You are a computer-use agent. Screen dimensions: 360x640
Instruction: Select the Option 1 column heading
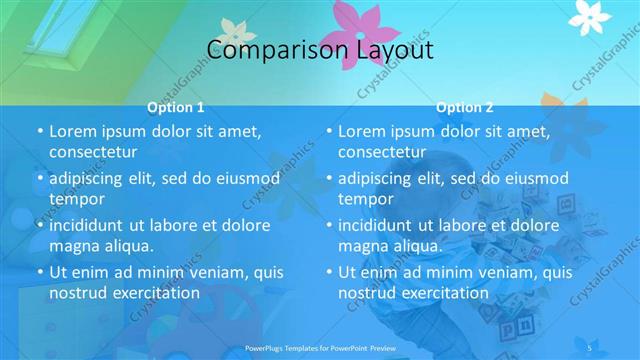(176, 107)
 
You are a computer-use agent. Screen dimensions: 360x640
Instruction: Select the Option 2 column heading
(465, 107)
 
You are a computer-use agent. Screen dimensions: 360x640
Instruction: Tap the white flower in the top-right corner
(589, 14)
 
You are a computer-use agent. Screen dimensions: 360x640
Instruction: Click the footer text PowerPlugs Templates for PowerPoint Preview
(320, 346)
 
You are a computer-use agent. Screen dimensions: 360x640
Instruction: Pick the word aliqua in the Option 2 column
(411, 246)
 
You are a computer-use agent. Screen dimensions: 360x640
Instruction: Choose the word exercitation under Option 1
(150, 293)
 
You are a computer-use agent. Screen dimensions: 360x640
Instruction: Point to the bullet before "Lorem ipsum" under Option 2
(328, 131)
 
